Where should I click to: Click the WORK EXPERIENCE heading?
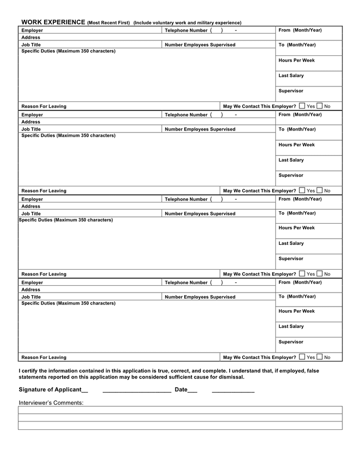(x=53, y=22)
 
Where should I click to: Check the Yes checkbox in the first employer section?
(x=302, y=106)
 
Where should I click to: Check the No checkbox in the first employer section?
(x=320, y=106)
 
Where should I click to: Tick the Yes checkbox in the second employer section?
(x=302, y=190)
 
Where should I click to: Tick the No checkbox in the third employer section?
(x=320, y=273)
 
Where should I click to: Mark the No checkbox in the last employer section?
(x=320, y=357)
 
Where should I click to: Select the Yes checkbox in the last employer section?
(x=302, y=357)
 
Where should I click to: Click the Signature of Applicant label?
(x=50, y=390)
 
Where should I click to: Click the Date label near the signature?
(x=181, y=390)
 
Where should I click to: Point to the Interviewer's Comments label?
(x=51, y=403)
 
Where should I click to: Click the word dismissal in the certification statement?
(x=231, y=377)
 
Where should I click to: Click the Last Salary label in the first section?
(x=291, y=76)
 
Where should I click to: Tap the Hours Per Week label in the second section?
(x=296, y=145)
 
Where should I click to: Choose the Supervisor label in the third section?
(x=291, y=258)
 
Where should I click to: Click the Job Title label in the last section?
(x=31, y=297)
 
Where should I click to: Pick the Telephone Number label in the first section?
(x=186, y=31)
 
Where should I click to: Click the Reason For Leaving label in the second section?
(x=44, y=191)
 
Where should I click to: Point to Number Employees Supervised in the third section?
(x=200, y=214)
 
